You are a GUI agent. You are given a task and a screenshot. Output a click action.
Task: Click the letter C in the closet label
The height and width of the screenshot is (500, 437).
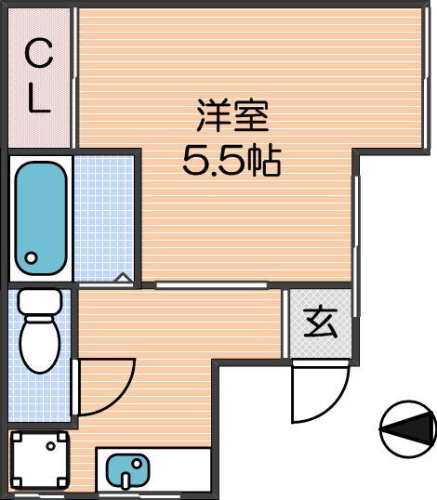39,53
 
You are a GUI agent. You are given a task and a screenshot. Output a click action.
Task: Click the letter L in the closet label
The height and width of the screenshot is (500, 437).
39,99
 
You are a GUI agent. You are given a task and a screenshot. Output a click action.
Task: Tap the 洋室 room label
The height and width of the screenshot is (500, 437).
232,115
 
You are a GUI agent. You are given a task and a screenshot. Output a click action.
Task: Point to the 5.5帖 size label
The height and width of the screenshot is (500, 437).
232,161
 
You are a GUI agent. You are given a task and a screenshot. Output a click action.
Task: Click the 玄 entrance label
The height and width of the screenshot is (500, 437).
321,323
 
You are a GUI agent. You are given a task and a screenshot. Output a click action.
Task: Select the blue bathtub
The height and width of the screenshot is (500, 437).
41,218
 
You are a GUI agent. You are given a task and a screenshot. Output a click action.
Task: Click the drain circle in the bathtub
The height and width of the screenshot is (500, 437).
32,257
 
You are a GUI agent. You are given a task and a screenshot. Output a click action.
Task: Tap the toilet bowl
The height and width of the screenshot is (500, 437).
40,345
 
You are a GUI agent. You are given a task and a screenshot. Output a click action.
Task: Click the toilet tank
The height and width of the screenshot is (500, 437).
40,302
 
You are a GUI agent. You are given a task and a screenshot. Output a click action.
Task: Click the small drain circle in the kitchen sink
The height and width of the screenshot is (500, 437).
138,464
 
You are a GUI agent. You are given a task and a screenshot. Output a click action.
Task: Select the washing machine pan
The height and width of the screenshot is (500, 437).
40,460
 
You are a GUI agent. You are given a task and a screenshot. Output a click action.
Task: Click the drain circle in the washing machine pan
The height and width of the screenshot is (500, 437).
50,446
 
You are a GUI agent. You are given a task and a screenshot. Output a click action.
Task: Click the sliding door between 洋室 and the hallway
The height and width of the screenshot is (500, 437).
211,285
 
